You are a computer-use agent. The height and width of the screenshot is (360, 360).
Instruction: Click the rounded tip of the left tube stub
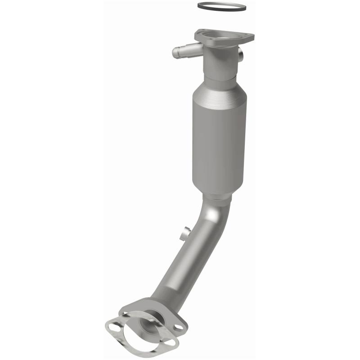point(175,54)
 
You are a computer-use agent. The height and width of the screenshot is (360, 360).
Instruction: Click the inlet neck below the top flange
point(219,63)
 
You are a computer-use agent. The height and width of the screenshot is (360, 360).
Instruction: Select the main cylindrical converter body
point(219,135)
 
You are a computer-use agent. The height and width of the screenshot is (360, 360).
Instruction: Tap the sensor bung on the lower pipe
point(184,234)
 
